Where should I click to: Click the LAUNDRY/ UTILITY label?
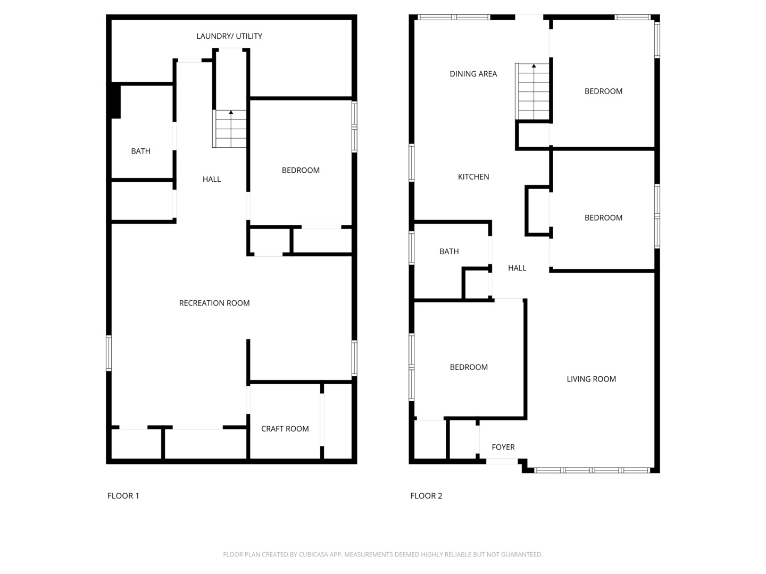pyautogui.click(x=229, y=36)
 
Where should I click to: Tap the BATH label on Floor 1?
pyautogui.click(x=140, y=151)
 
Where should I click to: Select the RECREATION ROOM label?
pyautogui.click(x=214, y=303)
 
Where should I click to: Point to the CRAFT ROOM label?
pyautogui.click(x=285, y=429)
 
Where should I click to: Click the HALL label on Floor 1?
pyautogui.click(x=212, y=180)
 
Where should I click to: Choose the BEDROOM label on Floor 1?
pyautogui.click(x=301, y=171)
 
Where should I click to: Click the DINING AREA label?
pyautogui.click(x=473, y=74)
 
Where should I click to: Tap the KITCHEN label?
pyautogui.click(x=473, y=177)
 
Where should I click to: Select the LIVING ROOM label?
pyautogui.click(x=591, y=379)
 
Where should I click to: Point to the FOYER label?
pyautogui.click(x=503, y=447)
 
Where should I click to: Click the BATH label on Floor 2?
pyautogui.click(x=449, y=251)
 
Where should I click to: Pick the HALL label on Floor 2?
pyautogui.click(x=517, y=268)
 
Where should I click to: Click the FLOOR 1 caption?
pyautogui.click(x=123, y=496)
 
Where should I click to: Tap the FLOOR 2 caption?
pyautogui.click(x=426, y=496)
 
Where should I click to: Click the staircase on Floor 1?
pyautogui.click(x=229, y=129)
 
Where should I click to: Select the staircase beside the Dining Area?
pyautogui.click(x=532, y=91)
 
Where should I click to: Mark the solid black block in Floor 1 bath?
pyautogui.click(x=115, y=102)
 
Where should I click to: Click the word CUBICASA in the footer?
pyautogui.click(x=313, y=554)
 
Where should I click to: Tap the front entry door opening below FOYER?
pyautogui.click(x=502, y=461)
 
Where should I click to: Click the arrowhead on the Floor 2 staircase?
pyautogui.click(x=534, y=66)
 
